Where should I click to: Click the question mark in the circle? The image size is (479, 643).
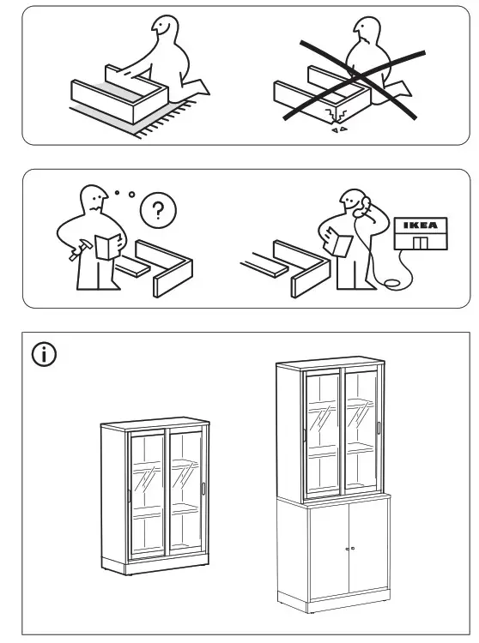158,210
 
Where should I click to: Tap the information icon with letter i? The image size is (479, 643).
44,354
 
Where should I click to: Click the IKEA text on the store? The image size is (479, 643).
421,225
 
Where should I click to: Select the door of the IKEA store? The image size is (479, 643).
420,243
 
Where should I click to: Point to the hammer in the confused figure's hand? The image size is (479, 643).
77,250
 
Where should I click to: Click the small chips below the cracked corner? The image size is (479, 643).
339,129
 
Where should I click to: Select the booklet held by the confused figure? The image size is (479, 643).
108,247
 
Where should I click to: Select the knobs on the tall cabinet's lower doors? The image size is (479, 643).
349,549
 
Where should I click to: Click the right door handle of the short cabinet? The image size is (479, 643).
203,489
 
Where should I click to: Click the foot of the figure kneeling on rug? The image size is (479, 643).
200,87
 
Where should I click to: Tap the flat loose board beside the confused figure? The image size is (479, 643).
131,267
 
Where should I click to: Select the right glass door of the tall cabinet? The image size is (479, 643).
361,430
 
